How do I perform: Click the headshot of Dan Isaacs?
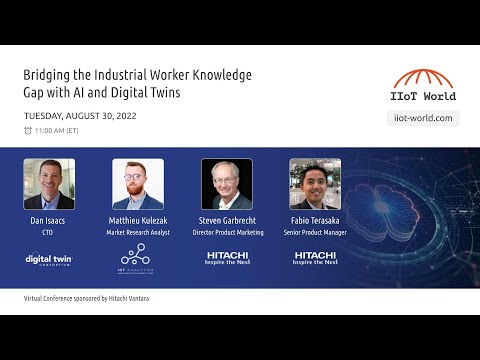49,184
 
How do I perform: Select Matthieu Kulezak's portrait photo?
138,184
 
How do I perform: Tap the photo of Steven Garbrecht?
227,184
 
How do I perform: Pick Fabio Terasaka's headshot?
315,184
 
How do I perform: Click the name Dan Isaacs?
49,220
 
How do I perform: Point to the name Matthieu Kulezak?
138,220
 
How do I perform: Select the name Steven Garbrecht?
227,220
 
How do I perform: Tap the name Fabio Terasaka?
315,220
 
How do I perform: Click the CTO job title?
49,231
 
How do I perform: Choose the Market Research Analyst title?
138,231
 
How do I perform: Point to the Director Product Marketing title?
227,231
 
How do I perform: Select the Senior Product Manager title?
315,231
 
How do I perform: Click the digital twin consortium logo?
49,259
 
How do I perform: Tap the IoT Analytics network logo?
137,257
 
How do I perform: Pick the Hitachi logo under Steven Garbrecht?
227,258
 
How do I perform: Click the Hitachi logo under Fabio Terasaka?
315,258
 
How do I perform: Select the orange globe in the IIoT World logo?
422,79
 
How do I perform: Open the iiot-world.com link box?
422,118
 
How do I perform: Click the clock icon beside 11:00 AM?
28,131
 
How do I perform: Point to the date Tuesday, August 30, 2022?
80,115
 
